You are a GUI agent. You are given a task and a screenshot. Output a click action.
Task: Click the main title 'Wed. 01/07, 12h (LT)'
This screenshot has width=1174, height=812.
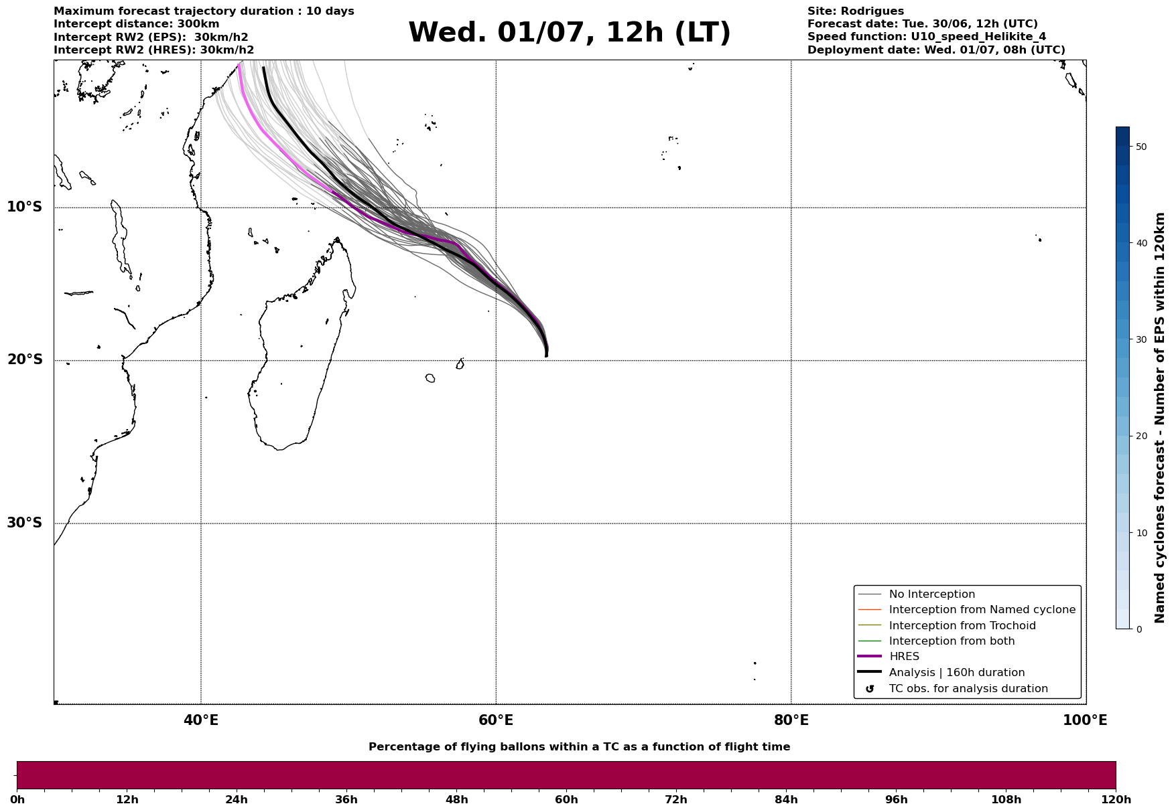click(570, 33)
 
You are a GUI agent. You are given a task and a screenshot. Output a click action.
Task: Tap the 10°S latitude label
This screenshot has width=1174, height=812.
click(25, 207)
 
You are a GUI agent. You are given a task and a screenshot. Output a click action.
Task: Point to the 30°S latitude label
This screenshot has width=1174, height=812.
click(25, 523)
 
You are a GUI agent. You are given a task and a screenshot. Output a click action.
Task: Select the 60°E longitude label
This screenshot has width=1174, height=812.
click(496, 720)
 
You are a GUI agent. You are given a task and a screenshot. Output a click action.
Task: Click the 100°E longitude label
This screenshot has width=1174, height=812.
click(1085, 720)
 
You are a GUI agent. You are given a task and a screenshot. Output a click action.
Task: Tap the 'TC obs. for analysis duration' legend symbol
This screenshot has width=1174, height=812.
click(870, 689)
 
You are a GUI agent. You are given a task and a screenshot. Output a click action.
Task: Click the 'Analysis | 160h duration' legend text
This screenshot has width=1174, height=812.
click(957, 673)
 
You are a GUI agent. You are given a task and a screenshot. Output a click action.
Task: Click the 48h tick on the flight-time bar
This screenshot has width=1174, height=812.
click(457, 791)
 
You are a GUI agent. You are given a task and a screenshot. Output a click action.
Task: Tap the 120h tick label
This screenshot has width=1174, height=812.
click(1116, 800)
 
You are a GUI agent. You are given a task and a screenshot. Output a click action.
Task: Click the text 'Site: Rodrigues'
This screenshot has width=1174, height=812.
click(855, 11)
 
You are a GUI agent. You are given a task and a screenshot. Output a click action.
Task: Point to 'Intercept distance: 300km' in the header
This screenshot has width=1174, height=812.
click(137, 24)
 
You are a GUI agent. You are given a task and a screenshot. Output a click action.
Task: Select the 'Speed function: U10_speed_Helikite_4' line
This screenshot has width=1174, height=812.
click(927, 37)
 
